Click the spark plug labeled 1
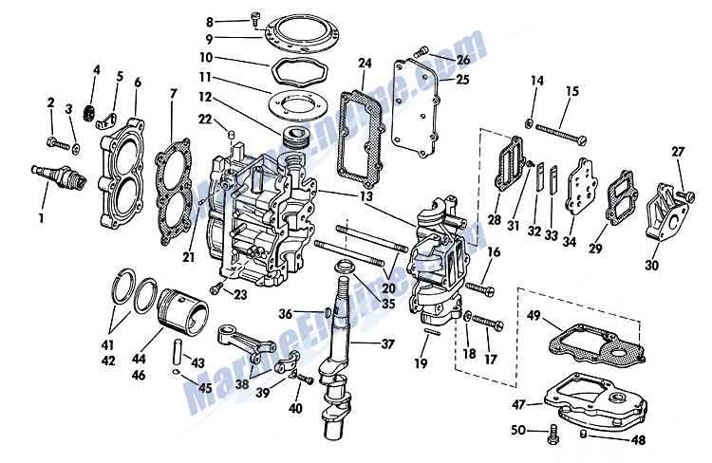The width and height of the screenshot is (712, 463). click(x=59, y=177)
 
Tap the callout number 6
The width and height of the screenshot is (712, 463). click(x=138, y=83)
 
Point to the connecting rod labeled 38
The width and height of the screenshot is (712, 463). click(x=255, y=341)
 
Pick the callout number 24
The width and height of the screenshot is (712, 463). click(x=365, y=64)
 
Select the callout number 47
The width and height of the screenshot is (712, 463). click(x=518, y=403)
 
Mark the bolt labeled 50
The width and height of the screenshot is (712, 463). click(x=554, y=436)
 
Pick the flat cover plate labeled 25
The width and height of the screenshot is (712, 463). click(x=417, y=105)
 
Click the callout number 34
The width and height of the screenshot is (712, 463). click(x=570, y=241)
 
